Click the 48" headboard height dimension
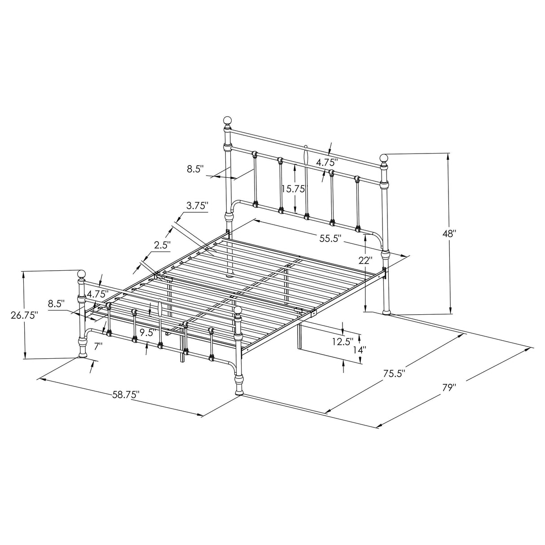click(x=449, y=233)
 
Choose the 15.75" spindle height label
click(x=293, y=189)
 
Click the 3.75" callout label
click(x=198, y=206)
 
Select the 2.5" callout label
click(x=163, y=245)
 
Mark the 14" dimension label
click(x=359, y=349)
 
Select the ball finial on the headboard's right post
click(x=384, y=158)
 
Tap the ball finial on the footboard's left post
click(x=81, y=274)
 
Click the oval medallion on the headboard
click(x=306, y=157)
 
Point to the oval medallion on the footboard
click(x=159, y=309)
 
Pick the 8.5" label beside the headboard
click(x=196, y=169)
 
